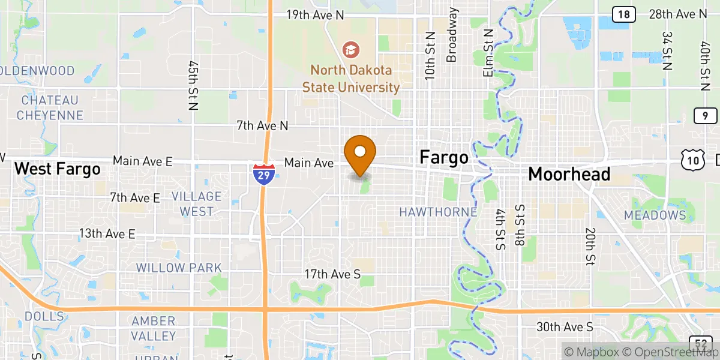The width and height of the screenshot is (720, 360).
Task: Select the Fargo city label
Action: coord(444,158)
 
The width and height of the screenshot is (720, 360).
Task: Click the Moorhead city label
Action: coord(569,174)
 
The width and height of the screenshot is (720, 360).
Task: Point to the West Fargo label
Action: coord(57,169)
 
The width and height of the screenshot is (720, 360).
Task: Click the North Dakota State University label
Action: coord(351,79)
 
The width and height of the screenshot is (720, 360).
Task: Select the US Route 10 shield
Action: coord(691,159)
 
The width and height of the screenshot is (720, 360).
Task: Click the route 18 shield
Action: coord(624,14)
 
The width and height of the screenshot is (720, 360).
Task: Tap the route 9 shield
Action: coord(705,116)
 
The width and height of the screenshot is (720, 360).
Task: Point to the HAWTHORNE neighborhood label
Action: coord(439,212)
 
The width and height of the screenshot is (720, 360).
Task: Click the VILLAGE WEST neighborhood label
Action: coord(196,204)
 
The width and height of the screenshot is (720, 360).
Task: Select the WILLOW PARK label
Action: coord(179,268)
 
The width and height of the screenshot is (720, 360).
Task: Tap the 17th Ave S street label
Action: coord(332,274)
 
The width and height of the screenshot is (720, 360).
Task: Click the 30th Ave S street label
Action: coord(565,326)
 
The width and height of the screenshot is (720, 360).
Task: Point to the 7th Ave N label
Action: coord(262,126)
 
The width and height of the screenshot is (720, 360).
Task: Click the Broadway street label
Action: coord(452,35)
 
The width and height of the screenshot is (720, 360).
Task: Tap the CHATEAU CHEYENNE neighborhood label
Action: coord(50,107)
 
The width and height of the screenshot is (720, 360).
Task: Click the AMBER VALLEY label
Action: coord(154,329)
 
